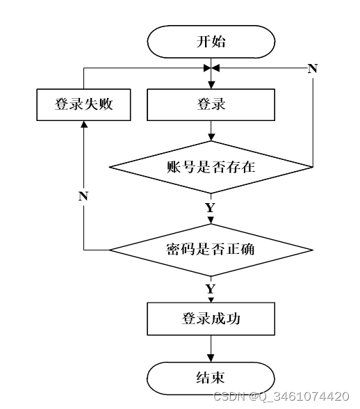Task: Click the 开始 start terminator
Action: coord(211,42)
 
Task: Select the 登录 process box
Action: coord(211,104)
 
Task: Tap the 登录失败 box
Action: coord(83,104)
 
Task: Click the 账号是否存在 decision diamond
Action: coord(211,167)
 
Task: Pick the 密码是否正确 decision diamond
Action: coord(211,250)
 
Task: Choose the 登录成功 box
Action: coord(211,319)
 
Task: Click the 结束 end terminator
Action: coord(211,378)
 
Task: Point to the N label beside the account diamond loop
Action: coord(313,69)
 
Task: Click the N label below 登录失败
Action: coord(83,196)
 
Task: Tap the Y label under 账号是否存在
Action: coord(211,208)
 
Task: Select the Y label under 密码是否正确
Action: coord(211,289)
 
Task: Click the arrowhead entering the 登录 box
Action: coord(211,85)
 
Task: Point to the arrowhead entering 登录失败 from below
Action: coord(83,125)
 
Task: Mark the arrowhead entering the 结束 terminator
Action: coord(211,358)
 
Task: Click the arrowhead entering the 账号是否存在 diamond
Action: coord(211,137)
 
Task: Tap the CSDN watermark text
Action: coord(281,396)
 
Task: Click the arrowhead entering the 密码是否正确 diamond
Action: coord(211,220)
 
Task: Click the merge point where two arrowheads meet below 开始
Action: coord(211,68)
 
